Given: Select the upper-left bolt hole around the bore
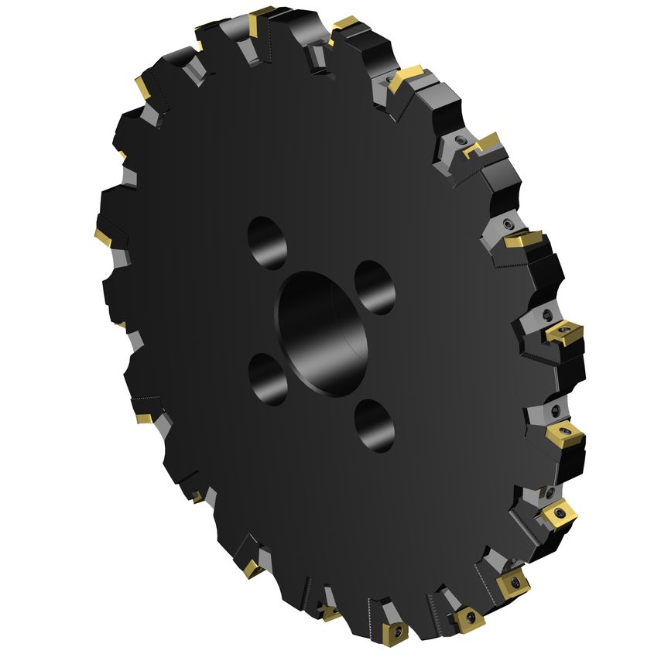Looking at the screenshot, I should click(268, 242).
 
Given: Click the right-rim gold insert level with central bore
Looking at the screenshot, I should click(563, 334).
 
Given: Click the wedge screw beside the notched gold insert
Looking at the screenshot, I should click(460, 142).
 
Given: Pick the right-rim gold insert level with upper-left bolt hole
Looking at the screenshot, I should click(523, 241).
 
